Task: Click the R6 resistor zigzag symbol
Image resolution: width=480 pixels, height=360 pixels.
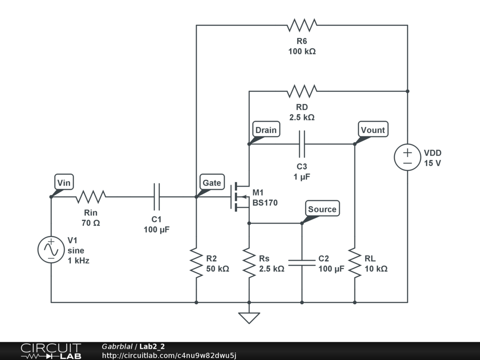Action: coord(302,25)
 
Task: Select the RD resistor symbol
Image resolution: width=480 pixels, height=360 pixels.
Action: coord(302,91)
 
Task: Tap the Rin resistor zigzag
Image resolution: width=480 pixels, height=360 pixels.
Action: coord(90,197)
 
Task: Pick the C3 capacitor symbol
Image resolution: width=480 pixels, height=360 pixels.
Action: coord(302,144)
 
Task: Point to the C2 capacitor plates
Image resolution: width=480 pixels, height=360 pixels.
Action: coord(302,262)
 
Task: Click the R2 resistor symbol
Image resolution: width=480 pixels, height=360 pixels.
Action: coord(196,262)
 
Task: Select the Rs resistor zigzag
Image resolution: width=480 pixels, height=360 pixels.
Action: coord(249,262)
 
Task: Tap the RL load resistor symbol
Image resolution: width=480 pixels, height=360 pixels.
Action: coord(355,262)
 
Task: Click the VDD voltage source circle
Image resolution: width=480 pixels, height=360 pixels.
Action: coord(407,157)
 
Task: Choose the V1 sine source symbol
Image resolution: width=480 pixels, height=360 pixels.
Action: coord(51,249)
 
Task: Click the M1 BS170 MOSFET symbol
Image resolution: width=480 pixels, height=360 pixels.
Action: coord(240,197)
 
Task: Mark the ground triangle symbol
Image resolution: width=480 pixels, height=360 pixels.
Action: coord(249,318)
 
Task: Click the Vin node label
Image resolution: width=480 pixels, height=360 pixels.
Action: coord(64,182)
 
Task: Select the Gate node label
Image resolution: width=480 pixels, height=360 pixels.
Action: coord(212,182)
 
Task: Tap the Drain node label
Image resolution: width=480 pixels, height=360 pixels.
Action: coord(266,130)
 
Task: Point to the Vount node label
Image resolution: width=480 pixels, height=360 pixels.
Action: coord(373,130)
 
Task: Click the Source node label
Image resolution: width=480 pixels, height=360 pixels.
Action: coord(322,209)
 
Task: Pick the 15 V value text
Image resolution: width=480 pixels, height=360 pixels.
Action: coord(433,163)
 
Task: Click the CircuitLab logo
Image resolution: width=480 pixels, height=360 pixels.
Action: coord(51,351)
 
